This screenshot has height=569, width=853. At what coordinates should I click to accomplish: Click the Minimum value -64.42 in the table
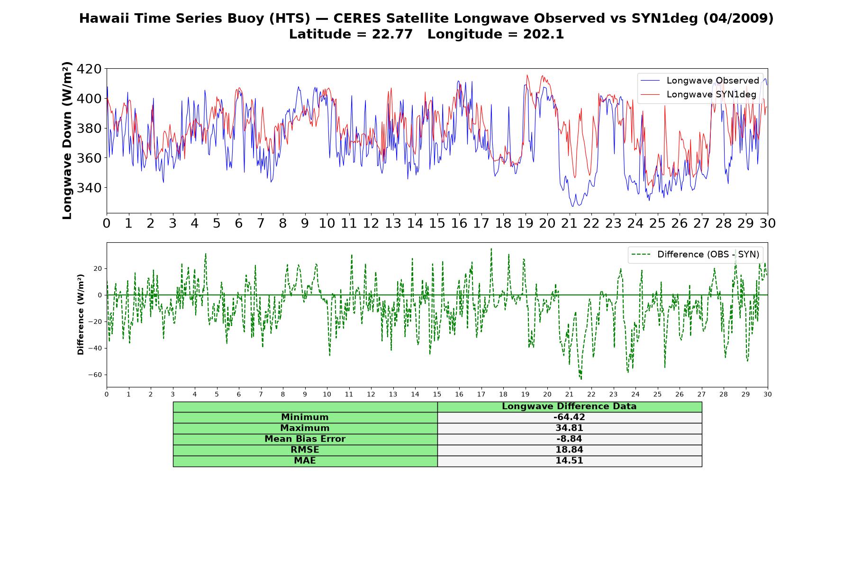coord(569,417)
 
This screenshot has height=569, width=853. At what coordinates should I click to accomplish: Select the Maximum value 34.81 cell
coord(569,428)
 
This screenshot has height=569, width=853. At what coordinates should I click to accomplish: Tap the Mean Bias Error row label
coord(305,439)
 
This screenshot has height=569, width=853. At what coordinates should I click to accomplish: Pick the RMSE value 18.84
coord(569,450)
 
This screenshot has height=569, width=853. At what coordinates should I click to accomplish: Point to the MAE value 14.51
coord(569,461)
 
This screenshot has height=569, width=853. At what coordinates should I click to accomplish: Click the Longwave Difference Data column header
coord(569,406)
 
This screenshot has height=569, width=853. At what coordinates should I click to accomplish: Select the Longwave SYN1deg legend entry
coord(698,94)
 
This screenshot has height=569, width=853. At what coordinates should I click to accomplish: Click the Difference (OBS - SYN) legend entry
coord(695,255)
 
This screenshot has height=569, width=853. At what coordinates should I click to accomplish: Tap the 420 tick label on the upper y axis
coord(89,69)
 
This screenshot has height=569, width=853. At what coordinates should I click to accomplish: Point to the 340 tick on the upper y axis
coord(89,188)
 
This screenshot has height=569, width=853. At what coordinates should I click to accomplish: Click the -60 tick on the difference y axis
coord(95,375)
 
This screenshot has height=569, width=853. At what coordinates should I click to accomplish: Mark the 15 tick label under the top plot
coord(437,223)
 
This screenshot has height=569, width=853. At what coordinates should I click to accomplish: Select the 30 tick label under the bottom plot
coord(767,395)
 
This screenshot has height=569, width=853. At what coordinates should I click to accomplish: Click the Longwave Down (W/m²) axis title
coord(67,140)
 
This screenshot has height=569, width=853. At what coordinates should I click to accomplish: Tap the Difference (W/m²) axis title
coord(81,314)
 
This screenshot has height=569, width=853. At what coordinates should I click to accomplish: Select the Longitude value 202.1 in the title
coord(544,34)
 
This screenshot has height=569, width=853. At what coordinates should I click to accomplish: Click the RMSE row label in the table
coord(305,450)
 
